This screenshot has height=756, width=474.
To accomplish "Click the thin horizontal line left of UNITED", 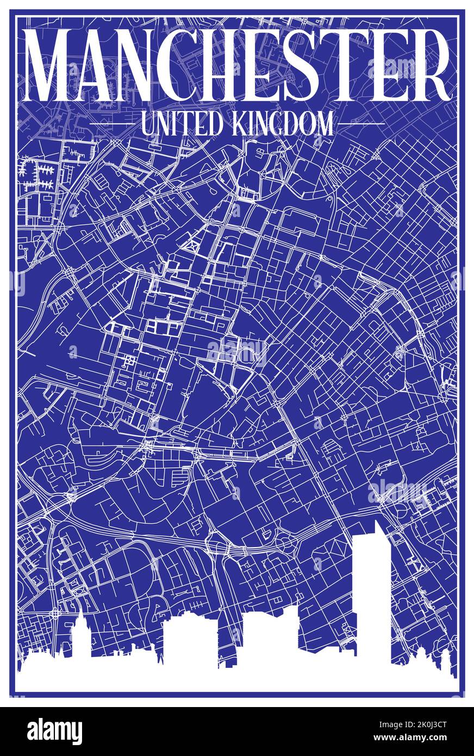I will pyautogui.click(x=111, y=124).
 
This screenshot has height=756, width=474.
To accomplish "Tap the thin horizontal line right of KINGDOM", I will pyautogui.click(x=361, y=124).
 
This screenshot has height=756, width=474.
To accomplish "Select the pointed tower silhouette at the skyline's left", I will pyautogui.click(x=80, y=639).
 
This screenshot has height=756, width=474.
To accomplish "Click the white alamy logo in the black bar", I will pyautogui.click(x=54, y=732).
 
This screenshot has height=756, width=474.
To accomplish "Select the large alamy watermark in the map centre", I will pyautogui.click(x=237, y=348).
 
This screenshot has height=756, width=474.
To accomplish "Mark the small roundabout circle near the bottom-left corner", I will pyautogui.click(x=54, y=614).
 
